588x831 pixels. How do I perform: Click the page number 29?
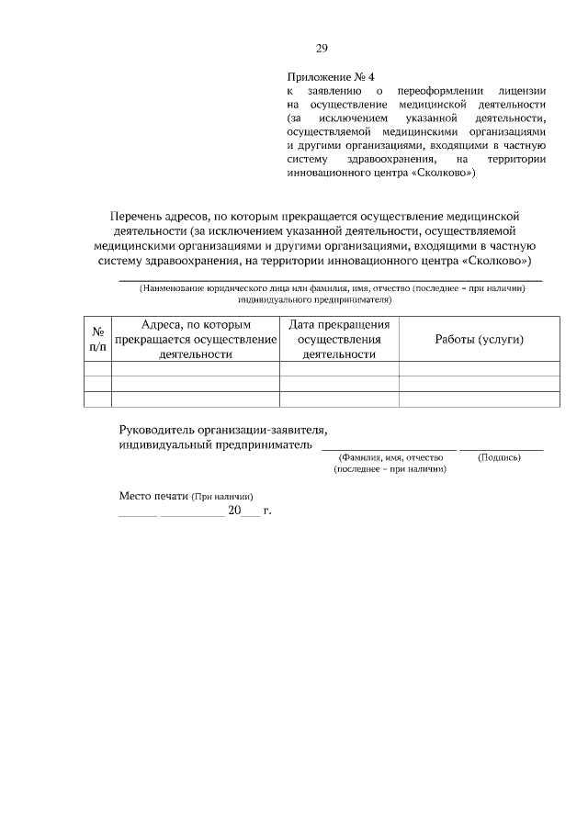click(322, 49)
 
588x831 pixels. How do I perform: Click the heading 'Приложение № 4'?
click(332, 77)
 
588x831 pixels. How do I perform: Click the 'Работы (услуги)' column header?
click(479, 339)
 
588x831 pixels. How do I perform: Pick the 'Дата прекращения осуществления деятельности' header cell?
click(339, 339)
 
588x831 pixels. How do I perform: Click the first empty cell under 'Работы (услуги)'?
click(479, 369)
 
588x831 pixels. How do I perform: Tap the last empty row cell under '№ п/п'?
click(97, 399)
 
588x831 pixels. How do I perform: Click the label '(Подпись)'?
click(500, 457)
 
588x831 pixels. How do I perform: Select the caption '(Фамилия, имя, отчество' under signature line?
click(390, 457)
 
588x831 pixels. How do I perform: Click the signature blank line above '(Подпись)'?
click(501, 449)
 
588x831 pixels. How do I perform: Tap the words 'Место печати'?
click(153, 496)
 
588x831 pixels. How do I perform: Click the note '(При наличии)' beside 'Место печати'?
click(221, 497)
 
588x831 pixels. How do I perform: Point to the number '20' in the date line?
click(233, 511)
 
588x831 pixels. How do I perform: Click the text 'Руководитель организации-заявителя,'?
click(223, 430)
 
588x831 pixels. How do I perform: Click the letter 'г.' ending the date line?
click(267, 511)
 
